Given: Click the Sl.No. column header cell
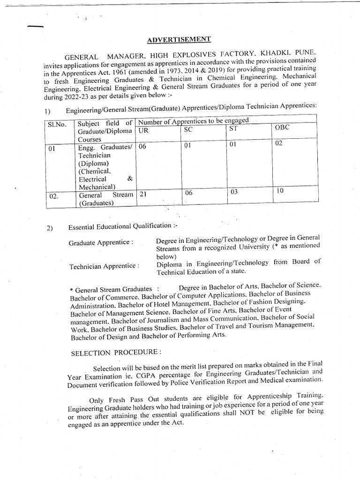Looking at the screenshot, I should pyautogui.click(x=57, y=125).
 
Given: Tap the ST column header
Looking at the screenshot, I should pyautogui.click(x=234, y=129).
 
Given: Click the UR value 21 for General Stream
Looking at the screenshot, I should pyautogui.click(x=143, y=193).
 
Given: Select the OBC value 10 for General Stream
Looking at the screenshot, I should pyautogui.click(x=280, y=190).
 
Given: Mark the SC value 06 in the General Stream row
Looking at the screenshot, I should pyautogui.click(x=189, y=193).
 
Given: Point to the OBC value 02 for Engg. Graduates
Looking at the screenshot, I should pyautogui.click(x=279, y=143).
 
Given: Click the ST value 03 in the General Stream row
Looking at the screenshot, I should pyautogui.click(x=234, y=192).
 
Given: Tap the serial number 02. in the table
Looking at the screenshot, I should pyautogui.click(x=54, y=196).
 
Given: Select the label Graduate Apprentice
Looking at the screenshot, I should pyautogui.click(x=101, y=243).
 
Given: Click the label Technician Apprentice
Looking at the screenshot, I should pyautogui.click(x=104, y=266).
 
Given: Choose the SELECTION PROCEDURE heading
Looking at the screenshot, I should pyautogui.click(x=116, y=353).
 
